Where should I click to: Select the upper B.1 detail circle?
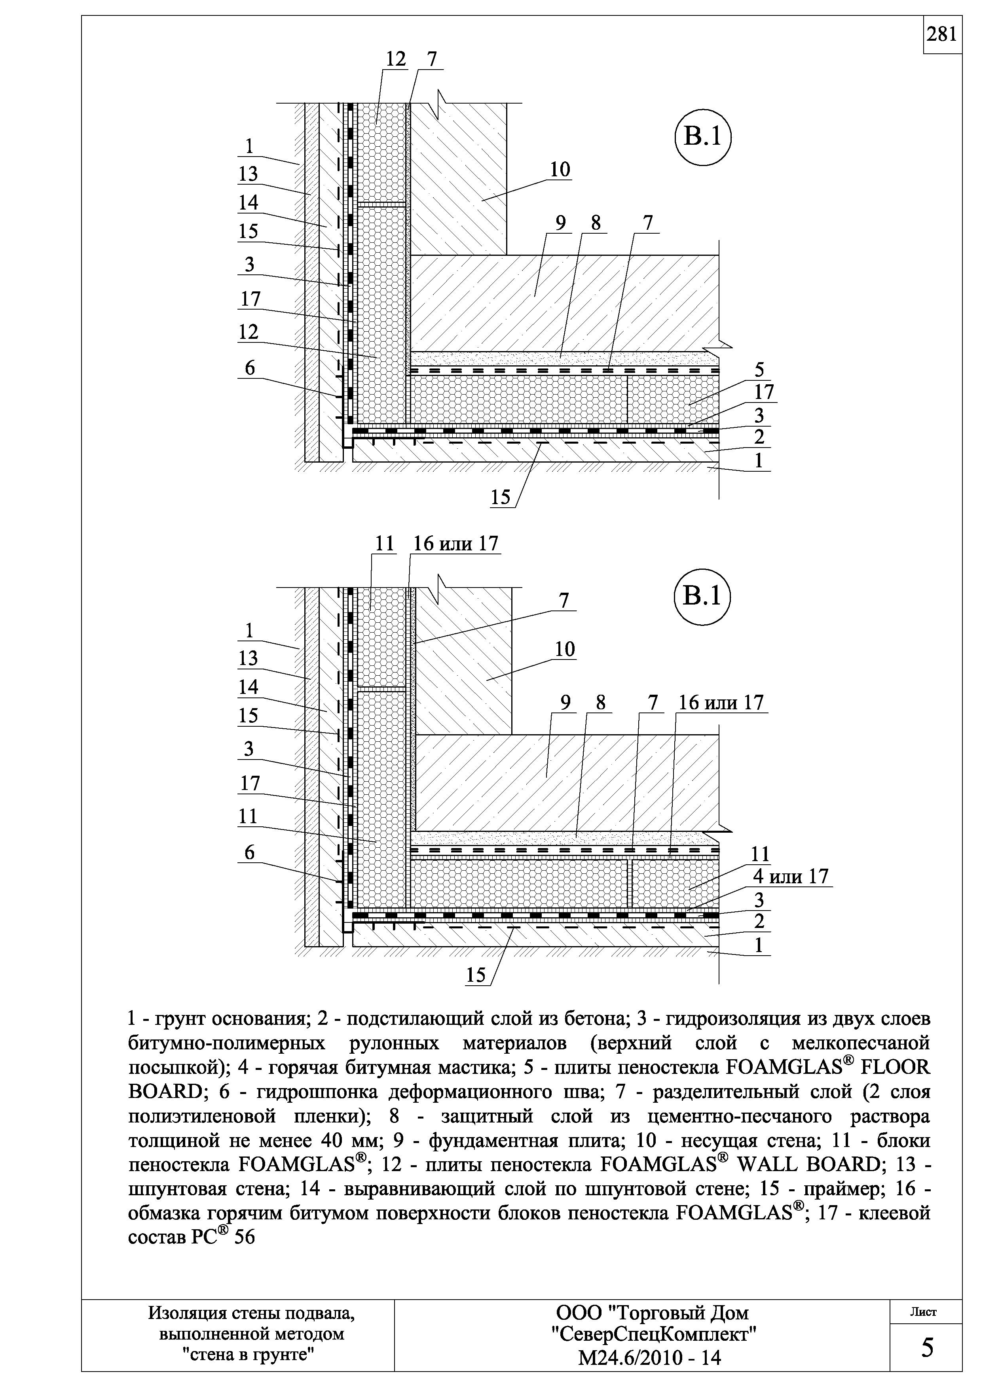pos(702,137)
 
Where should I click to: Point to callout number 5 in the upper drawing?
pos(759,370)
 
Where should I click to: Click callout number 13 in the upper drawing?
pos(248,174)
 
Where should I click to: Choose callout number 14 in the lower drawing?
pos(248,687)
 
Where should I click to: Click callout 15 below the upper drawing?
pos(501,497)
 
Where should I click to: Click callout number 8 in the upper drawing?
pos(596,223)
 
